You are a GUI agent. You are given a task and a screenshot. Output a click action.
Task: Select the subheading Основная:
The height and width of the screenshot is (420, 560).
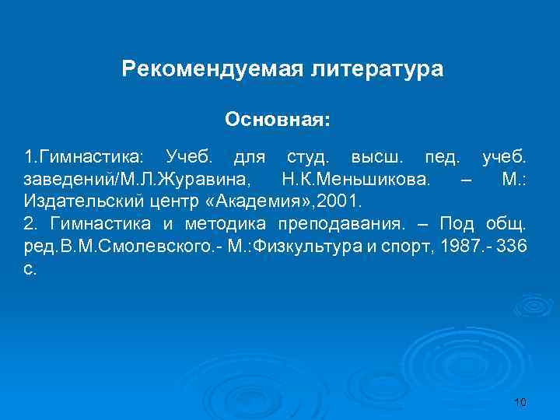click(278, 120)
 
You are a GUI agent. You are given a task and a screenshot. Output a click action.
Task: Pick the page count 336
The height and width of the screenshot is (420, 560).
click(514, 247)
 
